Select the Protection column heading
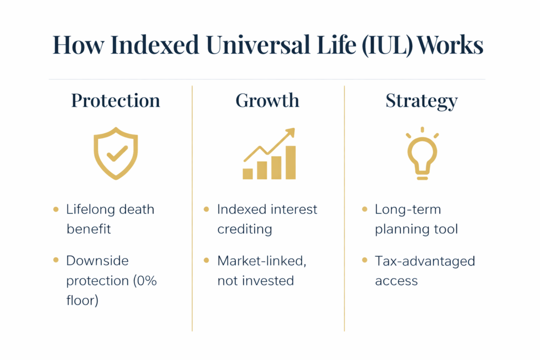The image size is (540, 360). (x=115, y=101)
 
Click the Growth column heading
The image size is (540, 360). (x=267, y=101)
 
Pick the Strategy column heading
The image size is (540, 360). (x=421, y=101)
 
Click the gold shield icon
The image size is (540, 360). (x=115, y=153)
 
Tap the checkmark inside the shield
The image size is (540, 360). (x=117, y=153)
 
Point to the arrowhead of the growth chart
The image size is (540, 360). (x=291, y=132)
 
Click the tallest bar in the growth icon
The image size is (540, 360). (x=291, y=162)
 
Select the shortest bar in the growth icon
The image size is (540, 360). (x=248, y=173)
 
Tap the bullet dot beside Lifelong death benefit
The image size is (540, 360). (x=56, y=210)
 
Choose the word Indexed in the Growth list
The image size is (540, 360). (x=238, y=210)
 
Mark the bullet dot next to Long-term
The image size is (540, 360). (x=365, y=210)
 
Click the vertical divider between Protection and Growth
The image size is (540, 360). (x=192, y=211)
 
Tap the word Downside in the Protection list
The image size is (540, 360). (x=98, y=261)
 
